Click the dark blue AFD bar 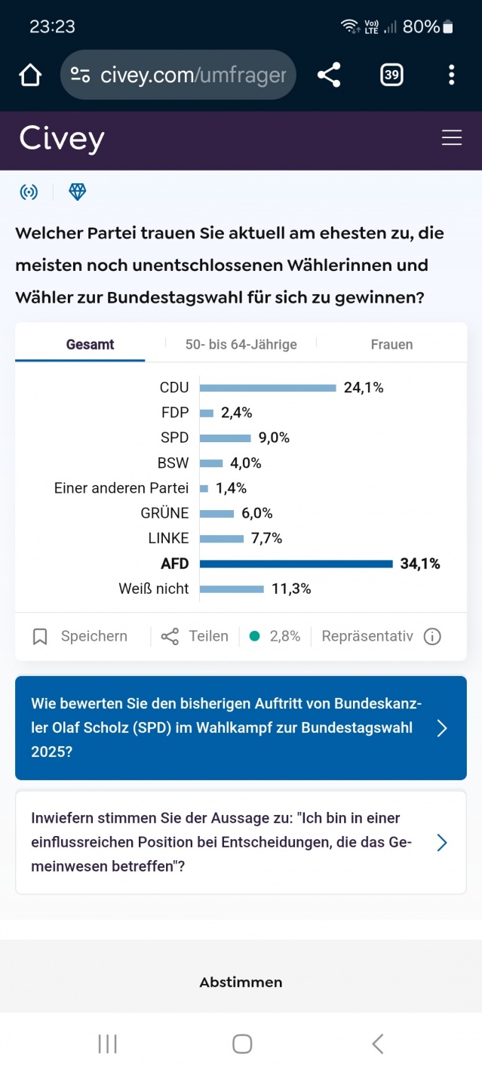click(x=296, y=564)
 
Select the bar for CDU click(x=268, y=388)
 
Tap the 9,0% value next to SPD click(x=274, y=438)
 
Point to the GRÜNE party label click(x=164, y=513)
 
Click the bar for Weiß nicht click(x=232, y=589)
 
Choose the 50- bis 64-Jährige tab click(x=241, y=344)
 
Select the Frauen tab click(x=391, y=344)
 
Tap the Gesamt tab click(x=90, y=344)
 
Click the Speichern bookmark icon click(x=40, y=637)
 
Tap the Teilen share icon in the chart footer click(x=170, y=637)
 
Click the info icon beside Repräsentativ click(x=432, y=637)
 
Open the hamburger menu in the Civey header click(x=452, y=138)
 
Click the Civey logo click(x=62, y=139)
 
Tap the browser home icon click(x=30, y=75)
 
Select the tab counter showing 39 click(x=391, y=75)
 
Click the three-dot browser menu click(x=451, y=75)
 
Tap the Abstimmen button click(x=241, y=982)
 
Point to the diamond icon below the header click(x=78, y=192)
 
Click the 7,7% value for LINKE click(x=266, y=539)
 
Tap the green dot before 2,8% click(x=254, y=637)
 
